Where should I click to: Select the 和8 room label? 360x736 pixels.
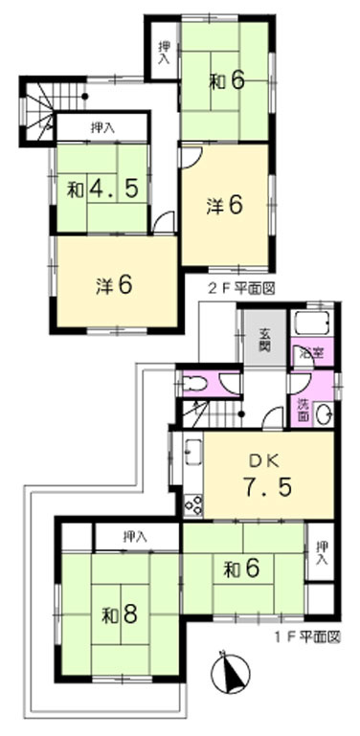point(120,614)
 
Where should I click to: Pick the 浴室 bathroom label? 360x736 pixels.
point(312,353)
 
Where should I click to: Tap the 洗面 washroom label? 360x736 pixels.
point(302,409)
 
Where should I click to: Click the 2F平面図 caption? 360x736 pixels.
point(240,287)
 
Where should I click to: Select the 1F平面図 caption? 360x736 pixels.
point(306,636)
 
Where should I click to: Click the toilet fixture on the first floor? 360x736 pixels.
point(193,384)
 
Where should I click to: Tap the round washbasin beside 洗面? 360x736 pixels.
point(324,414)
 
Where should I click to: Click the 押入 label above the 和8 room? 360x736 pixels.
point(136,537)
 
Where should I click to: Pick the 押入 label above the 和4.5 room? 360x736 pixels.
point(102,126)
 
